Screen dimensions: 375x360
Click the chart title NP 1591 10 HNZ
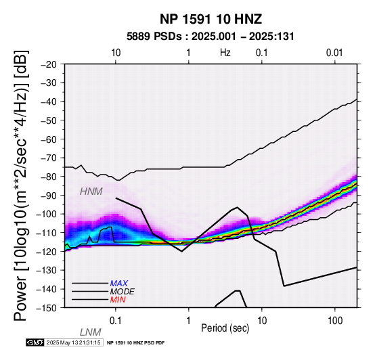pyautogui.click(x=211, y=19)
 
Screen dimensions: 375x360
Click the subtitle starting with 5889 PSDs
pyautogui.click(x=211, y=37)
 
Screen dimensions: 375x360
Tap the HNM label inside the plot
pyautogui.click(x=91, y=192)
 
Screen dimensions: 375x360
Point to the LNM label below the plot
pyautogui.click(x=91, y=332)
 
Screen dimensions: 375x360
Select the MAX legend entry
pyautogui.click(x=119, y=284)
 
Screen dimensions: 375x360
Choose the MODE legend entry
pyautogui.click(x=123, y=292)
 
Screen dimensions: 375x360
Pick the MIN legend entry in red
pyautogui.click(x=118, y=300)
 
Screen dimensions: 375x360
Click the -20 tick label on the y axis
pyautogui.click(x=49, y=64)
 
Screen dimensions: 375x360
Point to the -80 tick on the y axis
pyautogui.click(x=49, y=177)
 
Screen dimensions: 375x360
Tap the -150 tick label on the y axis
pyautogui.click(x=47, y=308)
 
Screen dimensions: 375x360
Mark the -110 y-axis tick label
pyautogui.click(x=47, y=233)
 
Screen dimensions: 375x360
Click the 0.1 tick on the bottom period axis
pyautogui.click(x=116, y=321)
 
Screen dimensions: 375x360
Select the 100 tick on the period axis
pyautogui.click(x=335, y=321)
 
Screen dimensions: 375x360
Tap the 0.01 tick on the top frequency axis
pyautogui.click(x=334, y=53)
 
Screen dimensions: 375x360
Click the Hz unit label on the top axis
pyautogui.click(x=225, y=53)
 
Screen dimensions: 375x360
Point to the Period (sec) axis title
pyautogui.click(x=225, y=328)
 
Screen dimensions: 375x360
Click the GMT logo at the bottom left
pyautogui.click(x=35, y=342)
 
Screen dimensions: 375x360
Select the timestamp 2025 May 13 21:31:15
pyautogui.click(x=73, y=342)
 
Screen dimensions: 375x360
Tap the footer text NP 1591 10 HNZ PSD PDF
pyautogui.click(x=135, y=343)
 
